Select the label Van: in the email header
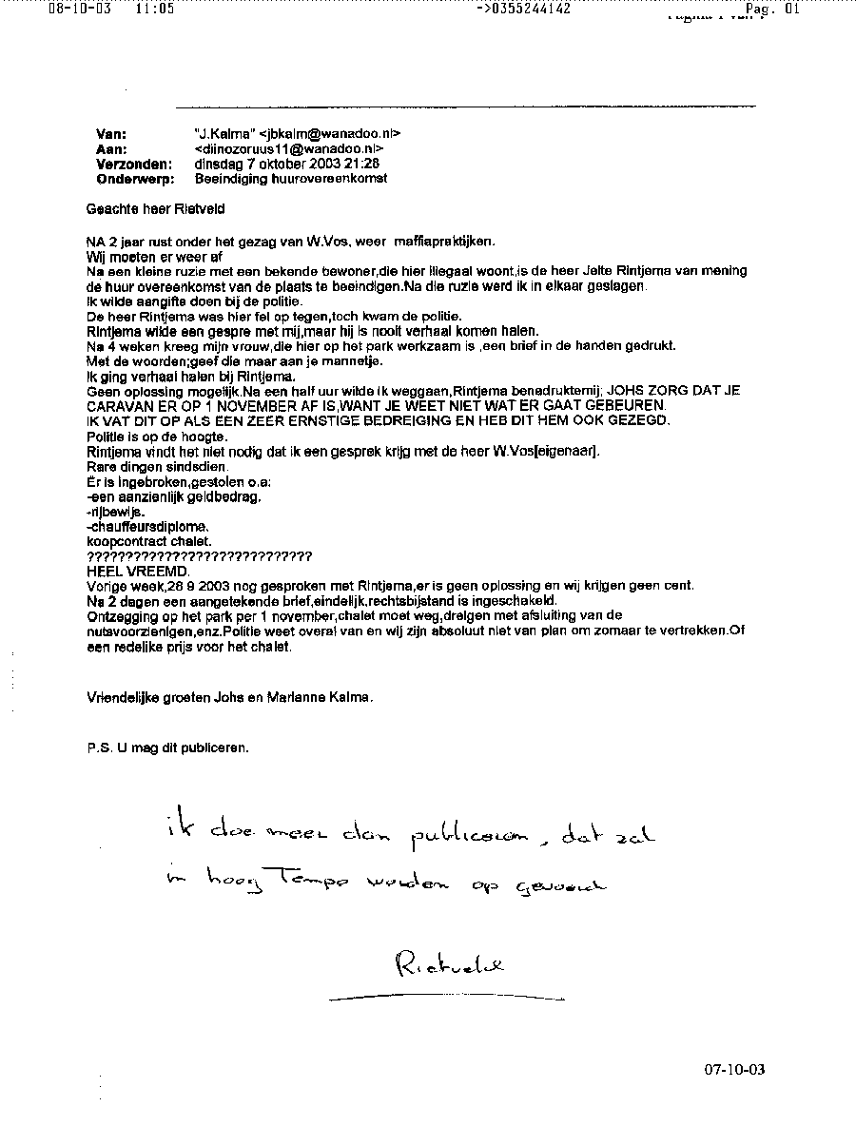[x=111, y=134]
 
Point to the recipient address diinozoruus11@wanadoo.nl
[x=289, y=149]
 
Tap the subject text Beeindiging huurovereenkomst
[x=291, y=178]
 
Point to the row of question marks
[x=199, y=555]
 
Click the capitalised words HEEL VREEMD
[x=138, y=571]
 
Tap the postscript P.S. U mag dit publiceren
[x=167, y=747]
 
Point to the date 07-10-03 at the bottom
[x=734, y=1069]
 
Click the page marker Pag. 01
[x=773, y=10]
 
